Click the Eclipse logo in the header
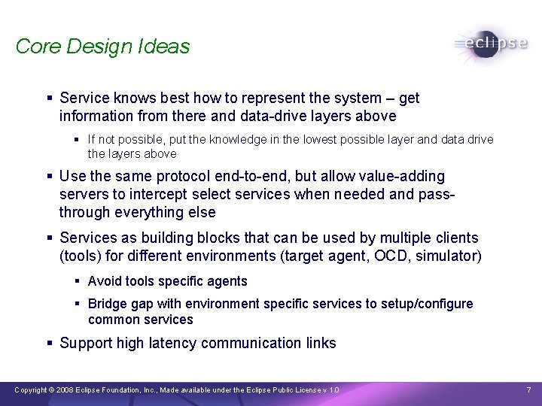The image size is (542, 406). point(491,44)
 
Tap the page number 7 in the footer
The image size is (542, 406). point(528,390)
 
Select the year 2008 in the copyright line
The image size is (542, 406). point(66,390)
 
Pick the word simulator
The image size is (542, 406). point(449,256)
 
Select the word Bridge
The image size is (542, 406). point(106,304)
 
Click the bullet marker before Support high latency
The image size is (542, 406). point(49,344)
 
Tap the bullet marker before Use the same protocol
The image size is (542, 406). point(49,177)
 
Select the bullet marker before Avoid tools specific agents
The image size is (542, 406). point(78,281)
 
